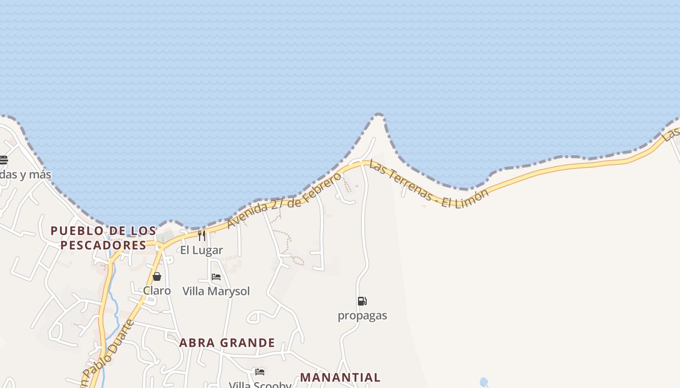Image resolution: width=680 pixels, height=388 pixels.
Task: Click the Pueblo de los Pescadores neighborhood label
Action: click(x=103, y=238)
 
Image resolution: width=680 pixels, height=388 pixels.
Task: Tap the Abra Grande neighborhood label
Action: click(x=227, y=343)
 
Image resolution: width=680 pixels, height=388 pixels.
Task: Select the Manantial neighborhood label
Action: click(x=340, y=377)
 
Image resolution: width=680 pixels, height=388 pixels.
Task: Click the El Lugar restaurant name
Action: click(x=202, y=250)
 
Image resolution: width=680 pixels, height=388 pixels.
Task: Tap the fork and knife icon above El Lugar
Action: click(x=202, y=236)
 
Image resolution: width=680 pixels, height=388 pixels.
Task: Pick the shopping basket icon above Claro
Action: click(x=157, y=276)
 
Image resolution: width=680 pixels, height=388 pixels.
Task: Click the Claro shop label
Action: click(x=157, y=291)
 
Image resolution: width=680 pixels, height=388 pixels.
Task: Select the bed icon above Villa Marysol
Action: click(x=216, y=277)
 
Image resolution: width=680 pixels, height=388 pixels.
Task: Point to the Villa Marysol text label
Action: click(x=216, y=291)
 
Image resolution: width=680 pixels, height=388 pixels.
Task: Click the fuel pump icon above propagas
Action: click(x=362, y=301)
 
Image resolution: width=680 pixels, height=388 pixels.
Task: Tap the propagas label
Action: click(x=362, y=315)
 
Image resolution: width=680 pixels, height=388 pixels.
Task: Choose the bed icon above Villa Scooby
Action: click(x=260, y=372)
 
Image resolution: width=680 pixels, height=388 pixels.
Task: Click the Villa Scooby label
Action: click(x=260, y=385)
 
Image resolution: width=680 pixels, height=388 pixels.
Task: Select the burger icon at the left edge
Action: click(x=3, y=160)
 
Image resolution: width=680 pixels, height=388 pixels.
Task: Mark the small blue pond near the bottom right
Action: click(x=483, y=382)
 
